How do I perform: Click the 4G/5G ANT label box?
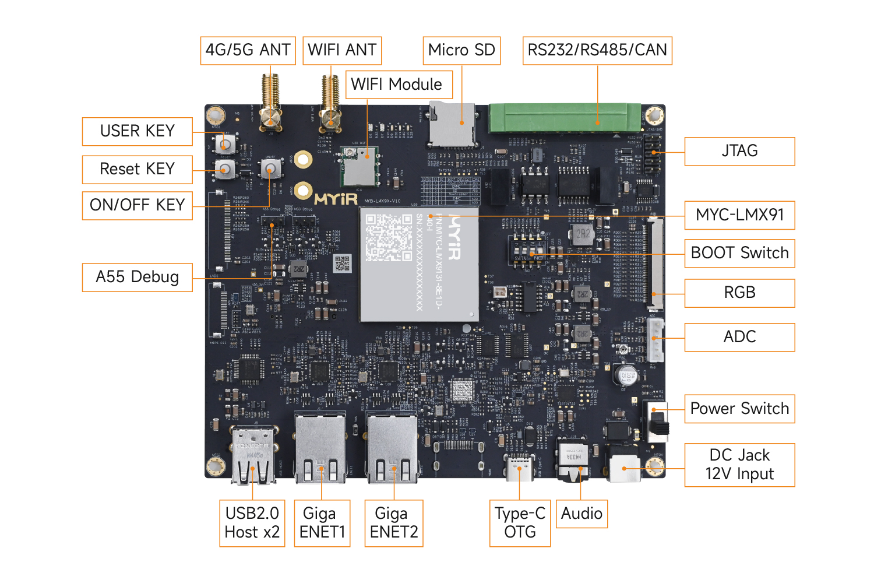click(248, 51)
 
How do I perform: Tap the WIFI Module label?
click(396, 85)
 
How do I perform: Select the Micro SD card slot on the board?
click(452, 124)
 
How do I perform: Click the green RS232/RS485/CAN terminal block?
click(564, 118)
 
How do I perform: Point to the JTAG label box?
click(739, 152)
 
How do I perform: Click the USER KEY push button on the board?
click(226, 143)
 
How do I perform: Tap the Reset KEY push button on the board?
click(225, 170)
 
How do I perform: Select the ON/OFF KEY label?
click(138, 205)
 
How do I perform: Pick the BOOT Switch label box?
click(739, 254)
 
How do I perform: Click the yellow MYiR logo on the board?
click(336, 199)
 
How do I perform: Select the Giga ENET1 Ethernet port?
click(321, 449)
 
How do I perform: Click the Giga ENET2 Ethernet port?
click(392, 449)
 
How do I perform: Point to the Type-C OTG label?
click(520, 523)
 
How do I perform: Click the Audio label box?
click(582, 514)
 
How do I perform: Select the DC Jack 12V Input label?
click(739, 465)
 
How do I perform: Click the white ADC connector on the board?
click(655, 340)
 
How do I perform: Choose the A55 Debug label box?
click(138, 277)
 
